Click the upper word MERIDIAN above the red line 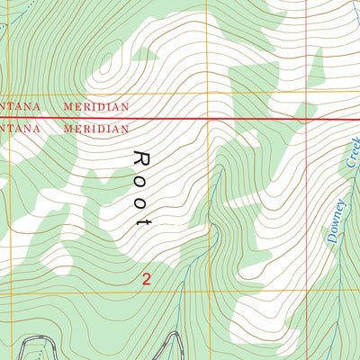pyautogui.click(x=96, y=106)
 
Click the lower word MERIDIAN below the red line pyautogui.click(x=96, y=129)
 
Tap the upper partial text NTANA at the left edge pyautogui.click(x=21, y=106)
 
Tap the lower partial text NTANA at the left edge pyautogui.click(x=21, y=129)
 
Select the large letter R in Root pyautogui.click(x=140, y=158)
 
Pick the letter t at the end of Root pyautogui.click(x=140, y=220)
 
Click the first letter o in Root pyautogui.click(x=140, y=181)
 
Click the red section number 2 pyautogui.click(x=146, y=279)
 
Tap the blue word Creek pyautogui.click(x=352, y=152)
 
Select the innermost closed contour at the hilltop pyautogui.click(x=112, y=63)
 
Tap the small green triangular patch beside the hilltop pyautogui.click(x=142, y=54)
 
